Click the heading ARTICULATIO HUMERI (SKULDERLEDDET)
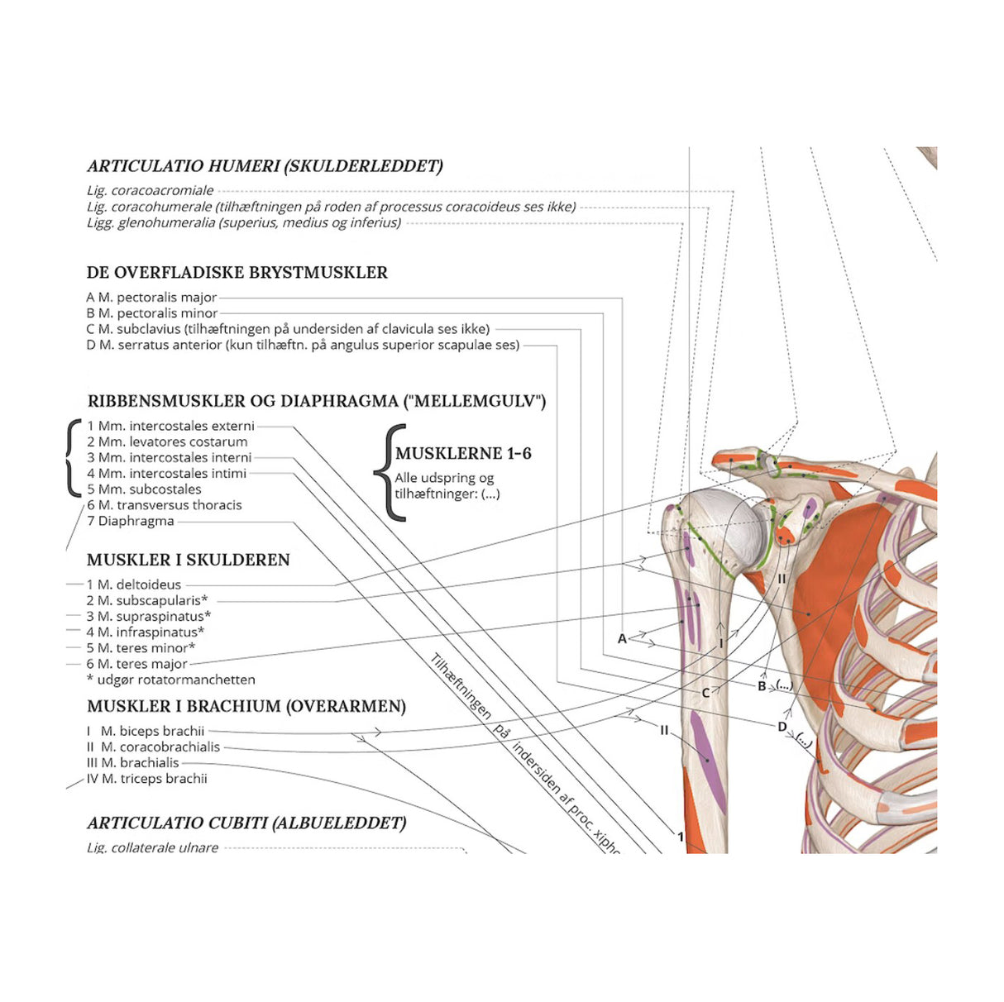click(x=265, y=166)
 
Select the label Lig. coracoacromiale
click(x=151, y=191)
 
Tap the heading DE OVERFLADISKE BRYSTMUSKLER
click(x=237, y=273)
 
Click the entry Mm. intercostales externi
click(x=171, y=427)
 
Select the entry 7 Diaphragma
click(x=131, y=522)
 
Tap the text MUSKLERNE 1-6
click(x=463, y=454)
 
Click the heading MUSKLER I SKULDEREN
click(x=189, y=561)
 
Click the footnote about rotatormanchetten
click(x=171, y=680)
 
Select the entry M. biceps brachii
click(x=146, y=732)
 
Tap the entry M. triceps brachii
click(x=147, y=779)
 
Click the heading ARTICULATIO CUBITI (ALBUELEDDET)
click(x=246, y=823)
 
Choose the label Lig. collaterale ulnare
click(x=153, y=847)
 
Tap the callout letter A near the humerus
click(x=623, y=638)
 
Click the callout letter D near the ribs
click(x=782, y=727)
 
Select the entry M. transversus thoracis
click(x=165, y=505)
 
